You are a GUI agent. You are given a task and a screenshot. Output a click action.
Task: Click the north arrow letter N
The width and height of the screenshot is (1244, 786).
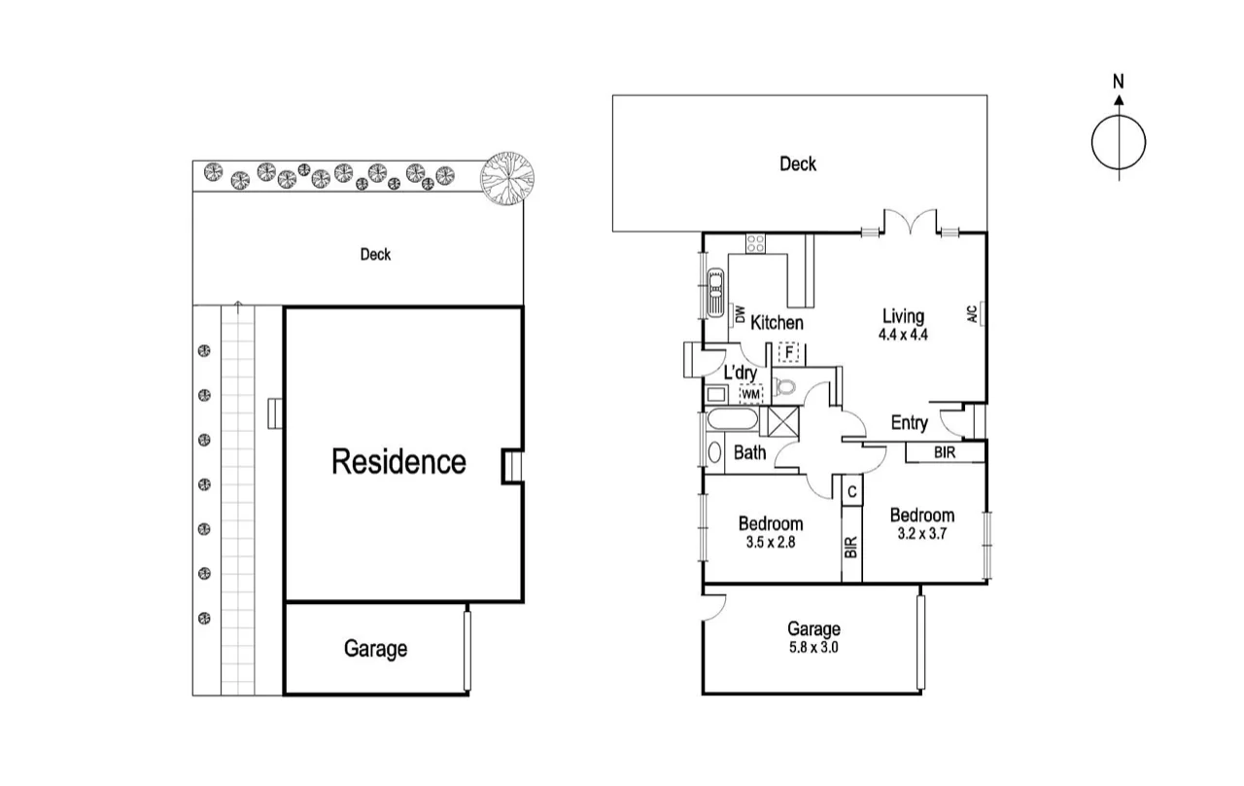[x=1119, y=82]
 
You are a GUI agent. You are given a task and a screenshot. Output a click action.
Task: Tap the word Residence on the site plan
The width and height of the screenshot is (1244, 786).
[x=398, y=461]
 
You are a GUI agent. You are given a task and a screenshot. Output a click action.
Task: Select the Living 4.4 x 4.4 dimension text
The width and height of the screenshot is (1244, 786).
[x=903, y=334]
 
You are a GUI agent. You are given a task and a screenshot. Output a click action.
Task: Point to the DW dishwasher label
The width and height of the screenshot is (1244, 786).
[x=740, y=315]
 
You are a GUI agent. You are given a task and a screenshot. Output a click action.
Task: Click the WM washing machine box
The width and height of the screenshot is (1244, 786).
[x=750, y=394]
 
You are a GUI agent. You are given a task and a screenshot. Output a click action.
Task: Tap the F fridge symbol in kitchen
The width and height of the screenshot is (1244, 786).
[x=789, y=351]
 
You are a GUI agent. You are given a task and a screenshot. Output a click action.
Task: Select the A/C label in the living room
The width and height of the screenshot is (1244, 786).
[x=973, y=313]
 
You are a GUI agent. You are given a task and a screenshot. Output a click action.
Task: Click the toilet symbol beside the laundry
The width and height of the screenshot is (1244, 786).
[x=783, y=387]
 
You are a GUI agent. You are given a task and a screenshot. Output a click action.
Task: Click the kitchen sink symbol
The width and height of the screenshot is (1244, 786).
[x=715, y=291]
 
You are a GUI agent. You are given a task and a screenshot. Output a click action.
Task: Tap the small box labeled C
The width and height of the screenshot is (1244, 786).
[x=851, y=492]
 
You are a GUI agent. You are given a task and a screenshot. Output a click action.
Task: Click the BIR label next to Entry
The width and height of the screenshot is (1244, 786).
[x=943, y=452]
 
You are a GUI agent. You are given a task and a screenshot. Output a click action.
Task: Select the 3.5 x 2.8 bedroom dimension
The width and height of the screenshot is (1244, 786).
[x=770, y=543]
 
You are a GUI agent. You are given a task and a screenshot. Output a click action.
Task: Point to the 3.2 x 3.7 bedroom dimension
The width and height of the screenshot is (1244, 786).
[x=921, y=534]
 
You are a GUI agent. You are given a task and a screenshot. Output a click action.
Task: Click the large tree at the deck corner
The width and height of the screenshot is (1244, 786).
[x=508, y=178]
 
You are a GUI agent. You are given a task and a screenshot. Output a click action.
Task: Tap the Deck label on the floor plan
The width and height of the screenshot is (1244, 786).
[x=798, y=164]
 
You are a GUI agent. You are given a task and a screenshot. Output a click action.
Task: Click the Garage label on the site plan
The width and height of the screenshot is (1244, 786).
[x=375, y=649]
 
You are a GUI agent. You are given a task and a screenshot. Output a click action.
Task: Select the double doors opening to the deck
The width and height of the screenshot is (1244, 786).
[x=910, y=224]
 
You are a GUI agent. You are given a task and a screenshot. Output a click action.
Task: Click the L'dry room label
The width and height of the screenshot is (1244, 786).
[x=741, y=373]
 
